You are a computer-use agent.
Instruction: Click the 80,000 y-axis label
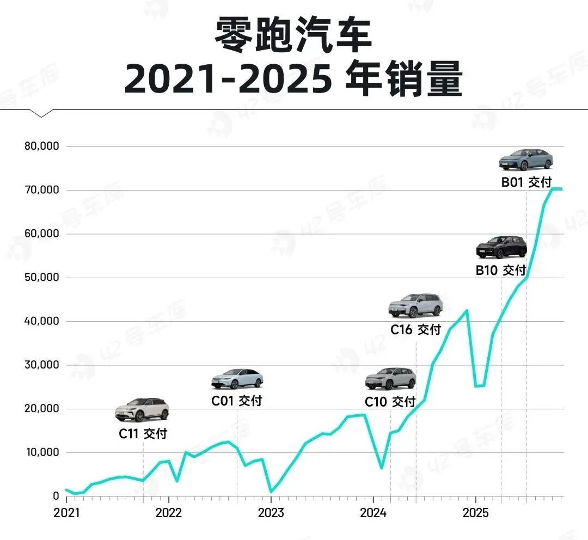42,146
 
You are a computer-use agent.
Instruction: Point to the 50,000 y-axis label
42,278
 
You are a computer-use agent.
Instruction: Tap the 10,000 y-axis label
42,452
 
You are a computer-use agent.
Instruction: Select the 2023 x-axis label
271,513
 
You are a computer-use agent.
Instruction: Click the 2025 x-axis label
475,513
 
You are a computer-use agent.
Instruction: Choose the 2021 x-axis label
66,513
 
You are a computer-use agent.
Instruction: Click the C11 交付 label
143,434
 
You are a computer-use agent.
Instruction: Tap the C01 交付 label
236,401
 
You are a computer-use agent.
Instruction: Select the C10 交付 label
390,402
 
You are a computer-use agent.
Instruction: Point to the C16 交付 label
415,329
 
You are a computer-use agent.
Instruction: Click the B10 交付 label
501,269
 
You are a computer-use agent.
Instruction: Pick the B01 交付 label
526,182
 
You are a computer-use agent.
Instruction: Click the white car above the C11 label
142,410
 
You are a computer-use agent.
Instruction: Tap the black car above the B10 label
501,247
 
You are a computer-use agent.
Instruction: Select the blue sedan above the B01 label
526,159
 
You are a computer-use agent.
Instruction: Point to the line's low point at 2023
271,492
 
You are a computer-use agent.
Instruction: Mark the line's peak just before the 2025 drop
467,310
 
